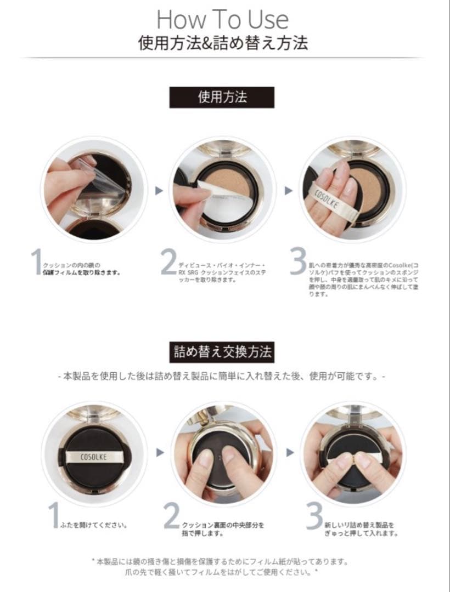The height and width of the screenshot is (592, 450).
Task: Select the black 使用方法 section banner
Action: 222,97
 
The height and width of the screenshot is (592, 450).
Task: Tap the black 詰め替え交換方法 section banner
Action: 222,351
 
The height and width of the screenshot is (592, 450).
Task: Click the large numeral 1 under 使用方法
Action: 37,262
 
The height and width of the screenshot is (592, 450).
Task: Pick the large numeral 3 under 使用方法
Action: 297,262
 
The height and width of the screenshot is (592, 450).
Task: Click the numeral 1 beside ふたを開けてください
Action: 53,516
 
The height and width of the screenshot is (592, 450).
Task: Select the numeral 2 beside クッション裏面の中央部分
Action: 172,516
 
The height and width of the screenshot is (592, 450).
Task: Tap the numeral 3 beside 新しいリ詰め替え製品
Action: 314,516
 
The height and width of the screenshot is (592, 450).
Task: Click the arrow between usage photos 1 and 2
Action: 159,191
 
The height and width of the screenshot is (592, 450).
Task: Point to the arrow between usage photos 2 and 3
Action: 288,191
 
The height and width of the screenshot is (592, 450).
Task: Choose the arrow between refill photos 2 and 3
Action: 289,452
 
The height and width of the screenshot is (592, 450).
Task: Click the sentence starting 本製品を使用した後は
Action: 222,377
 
